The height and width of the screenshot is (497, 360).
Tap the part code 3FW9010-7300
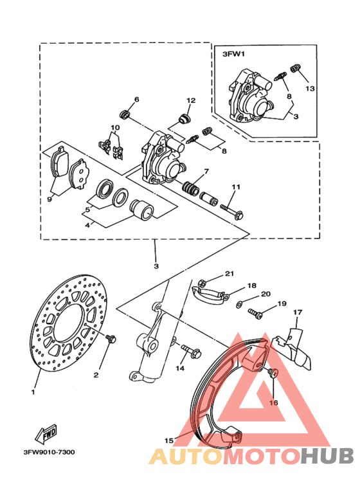(x=50, y=452)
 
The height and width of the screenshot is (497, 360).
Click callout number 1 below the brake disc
(x=33, y=392)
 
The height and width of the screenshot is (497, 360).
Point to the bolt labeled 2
(x=111, y=339)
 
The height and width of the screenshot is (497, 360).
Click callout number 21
(x=230, y=273)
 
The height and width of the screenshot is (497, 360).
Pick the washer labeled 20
(x=239, y=305)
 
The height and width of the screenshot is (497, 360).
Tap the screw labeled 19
(x=255, y=314)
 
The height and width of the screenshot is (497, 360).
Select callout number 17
(x=298, y=312)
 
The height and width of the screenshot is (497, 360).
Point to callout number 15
(x=169, y=440)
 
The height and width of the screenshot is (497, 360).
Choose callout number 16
(x=273, y=402)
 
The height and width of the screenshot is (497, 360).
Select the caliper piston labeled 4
(x=142, y=210)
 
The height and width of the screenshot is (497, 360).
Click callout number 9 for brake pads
(x=49, y=199)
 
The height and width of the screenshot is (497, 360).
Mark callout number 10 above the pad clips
(x=115, y=128)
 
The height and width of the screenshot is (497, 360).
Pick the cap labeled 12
(x=184, y=119)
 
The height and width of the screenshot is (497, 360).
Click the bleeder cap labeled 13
(x=296, y=69)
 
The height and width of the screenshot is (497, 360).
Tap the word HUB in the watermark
(x=327, y=456)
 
